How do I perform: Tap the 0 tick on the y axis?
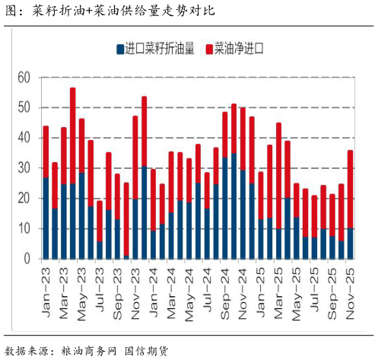point(26,259)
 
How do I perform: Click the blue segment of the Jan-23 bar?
point(46,218)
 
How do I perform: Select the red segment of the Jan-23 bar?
point(46,151)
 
